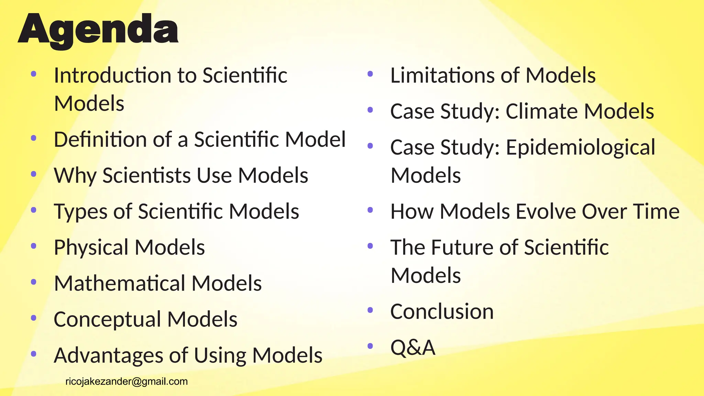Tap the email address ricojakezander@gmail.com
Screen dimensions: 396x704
coord(126,381)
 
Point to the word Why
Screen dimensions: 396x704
coord(75,176)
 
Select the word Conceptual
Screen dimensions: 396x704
coord(107,319)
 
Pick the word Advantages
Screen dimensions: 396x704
coord(108,355)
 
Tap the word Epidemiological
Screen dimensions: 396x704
coord(581,147)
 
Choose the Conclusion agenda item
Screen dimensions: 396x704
coord(442,311)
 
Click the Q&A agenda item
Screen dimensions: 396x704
coord(413,347)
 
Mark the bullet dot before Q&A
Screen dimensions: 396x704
coord(370,346)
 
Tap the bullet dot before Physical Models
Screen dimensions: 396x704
coord(34,246)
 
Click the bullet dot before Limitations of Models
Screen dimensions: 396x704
coord(370,74)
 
